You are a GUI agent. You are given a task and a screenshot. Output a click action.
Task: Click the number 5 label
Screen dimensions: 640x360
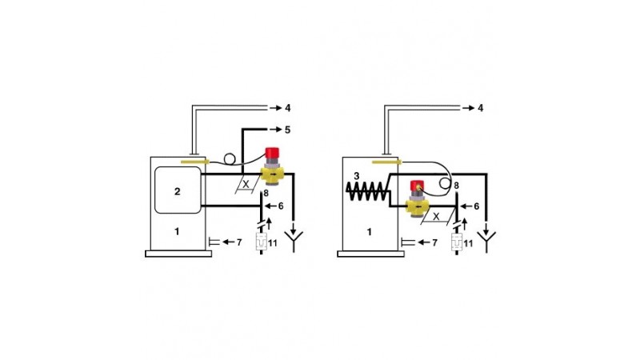click(287, 130)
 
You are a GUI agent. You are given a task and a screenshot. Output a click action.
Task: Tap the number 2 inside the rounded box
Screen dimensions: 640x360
click(177, 191)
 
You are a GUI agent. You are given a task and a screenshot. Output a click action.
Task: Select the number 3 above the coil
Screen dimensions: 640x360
click(356, 176)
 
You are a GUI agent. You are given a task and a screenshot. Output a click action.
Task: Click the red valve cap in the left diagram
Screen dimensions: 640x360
click(272, 154)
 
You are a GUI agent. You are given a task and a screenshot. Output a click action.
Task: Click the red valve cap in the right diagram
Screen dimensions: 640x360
click(417, 185)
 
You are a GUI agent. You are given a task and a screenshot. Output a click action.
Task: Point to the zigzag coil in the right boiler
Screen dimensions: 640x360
click(367, 191)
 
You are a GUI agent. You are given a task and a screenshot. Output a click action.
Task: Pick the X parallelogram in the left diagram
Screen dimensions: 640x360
click(246, 184)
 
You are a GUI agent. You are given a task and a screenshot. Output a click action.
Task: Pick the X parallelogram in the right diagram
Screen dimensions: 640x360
click(437, 216)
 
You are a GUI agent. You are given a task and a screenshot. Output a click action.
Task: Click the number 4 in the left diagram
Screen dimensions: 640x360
click(287, 108)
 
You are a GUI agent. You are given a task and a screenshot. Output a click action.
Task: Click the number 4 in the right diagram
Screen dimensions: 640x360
click(481, 108)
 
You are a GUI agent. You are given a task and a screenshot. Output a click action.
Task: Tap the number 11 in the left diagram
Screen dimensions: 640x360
click(273, 243)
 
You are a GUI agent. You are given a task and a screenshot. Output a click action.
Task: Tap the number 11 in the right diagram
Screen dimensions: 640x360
click(468, 244)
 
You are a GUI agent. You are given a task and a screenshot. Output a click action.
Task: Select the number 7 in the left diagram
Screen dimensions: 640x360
click(239, 242)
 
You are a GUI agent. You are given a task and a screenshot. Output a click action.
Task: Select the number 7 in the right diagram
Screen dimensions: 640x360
click(434, 243)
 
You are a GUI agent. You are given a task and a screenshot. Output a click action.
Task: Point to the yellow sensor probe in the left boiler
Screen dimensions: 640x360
click(194, 162)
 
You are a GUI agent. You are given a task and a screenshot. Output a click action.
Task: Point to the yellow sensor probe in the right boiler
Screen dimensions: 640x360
click(387, 162)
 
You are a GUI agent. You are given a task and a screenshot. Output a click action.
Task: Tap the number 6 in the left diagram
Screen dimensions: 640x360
click(281, 206)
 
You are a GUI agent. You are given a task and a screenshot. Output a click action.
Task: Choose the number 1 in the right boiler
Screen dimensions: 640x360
click(370, 232)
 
